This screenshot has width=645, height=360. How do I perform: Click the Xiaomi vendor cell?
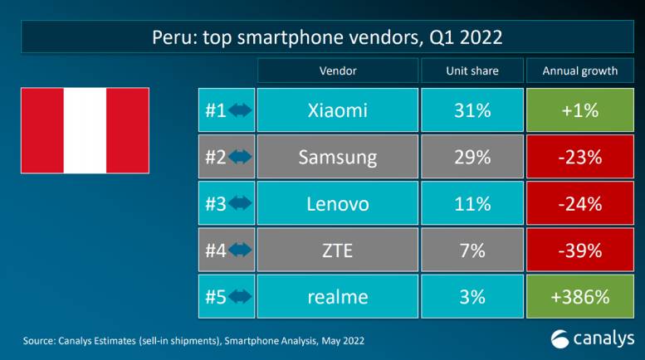tap(337, 110)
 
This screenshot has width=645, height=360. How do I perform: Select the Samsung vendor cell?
tap(337, 157)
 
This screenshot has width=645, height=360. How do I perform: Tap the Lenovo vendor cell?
tap(337, 203)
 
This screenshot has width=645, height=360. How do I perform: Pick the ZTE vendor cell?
tap(337, 250)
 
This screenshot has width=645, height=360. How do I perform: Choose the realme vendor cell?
tap(337, 296)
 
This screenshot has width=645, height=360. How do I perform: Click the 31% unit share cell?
tap(472, 110)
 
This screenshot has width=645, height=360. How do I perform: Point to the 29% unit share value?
tap(472, 157)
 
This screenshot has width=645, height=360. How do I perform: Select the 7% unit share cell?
tap(472, 250)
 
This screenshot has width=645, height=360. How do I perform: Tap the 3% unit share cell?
tap(472, 296)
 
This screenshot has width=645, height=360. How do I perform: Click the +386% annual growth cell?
tap(580, 296)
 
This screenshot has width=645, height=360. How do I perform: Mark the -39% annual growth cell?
tap(580, 250)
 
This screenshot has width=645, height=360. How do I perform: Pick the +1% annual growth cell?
tap(580, 110)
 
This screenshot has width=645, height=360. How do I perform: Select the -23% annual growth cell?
tap(580, 157)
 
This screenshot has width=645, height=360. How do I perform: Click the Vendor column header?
tap(337, 71)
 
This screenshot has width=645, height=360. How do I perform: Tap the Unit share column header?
tap(472, 71)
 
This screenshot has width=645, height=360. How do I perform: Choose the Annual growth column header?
tap(580, 71)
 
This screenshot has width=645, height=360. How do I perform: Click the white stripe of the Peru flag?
tap(85, 129)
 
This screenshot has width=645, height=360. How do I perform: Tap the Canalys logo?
tap(593, 338)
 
